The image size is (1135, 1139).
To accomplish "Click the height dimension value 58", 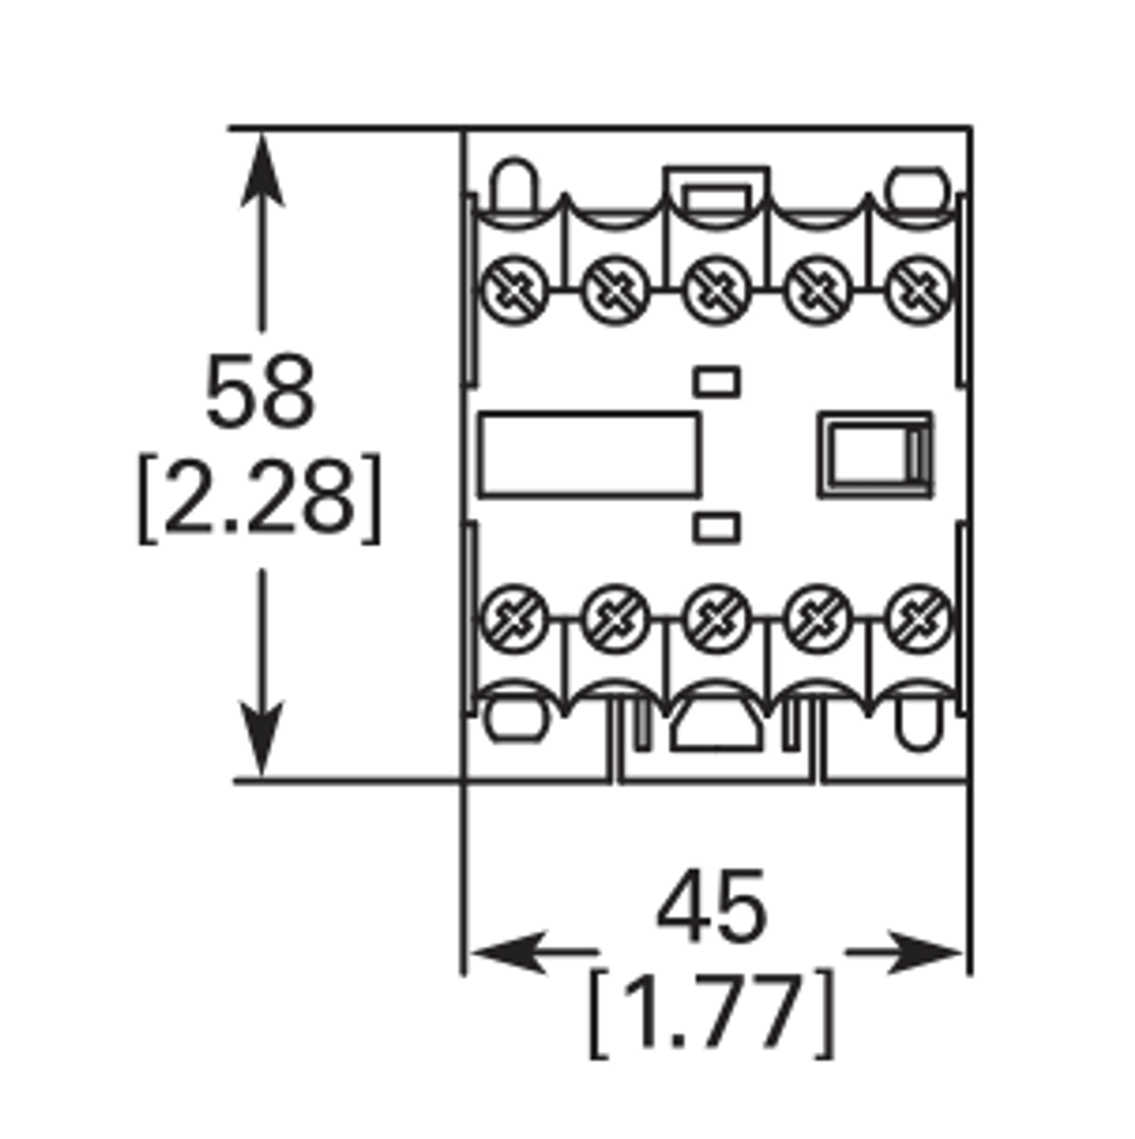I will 260,392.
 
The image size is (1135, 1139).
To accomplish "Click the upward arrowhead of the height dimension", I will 262,169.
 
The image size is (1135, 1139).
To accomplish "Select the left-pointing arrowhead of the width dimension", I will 507,952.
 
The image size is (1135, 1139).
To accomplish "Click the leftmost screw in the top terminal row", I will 515,289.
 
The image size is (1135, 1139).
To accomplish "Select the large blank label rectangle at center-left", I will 588,455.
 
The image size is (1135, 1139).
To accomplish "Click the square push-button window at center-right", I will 874,455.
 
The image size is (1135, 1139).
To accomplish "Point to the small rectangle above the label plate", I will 717,381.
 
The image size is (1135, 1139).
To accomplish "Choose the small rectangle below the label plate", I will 717,528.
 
